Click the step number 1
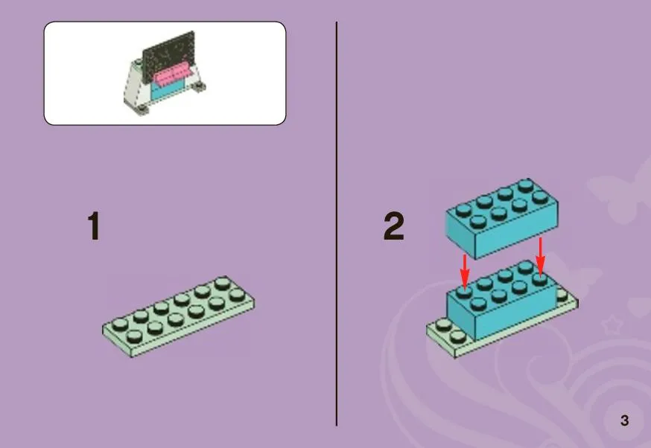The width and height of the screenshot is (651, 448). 95,226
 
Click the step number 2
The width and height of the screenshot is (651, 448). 393,226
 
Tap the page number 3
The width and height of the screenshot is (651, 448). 624,420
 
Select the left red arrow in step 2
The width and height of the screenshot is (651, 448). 465,272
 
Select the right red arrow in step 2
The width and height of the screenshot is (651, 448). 540,256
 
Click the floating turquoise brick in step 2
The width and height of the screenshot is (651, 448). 502,218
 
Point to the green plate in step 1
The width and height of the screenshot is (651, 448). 179,316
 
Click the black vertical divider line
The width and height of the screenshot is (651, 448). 336,224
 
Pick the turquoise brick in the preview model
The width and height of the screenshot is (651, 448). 168,89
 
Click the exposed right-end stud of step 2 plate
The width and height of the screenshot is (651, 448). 562,295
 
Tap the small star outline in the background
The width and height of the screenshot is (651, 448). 612,324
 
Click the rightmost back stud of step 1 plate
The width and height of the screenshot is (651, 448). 223,284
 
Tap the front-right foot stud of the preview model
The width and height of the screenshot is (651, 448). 200,86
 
